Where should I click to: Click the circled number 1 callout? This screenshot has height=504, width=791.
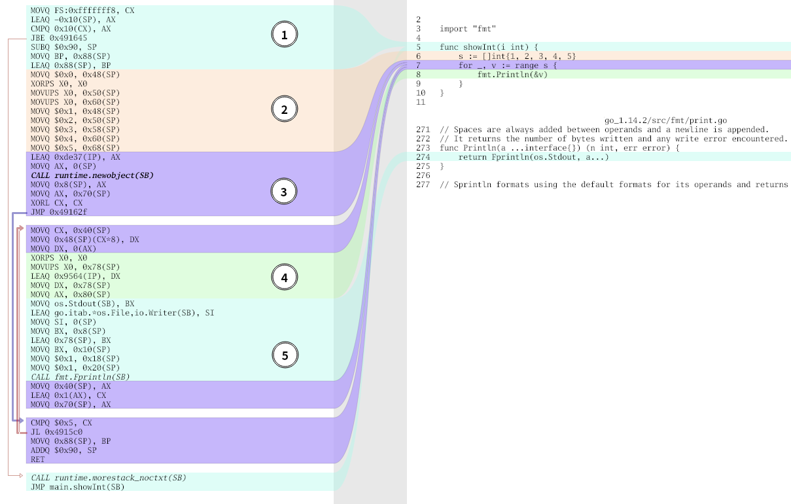pos(284,34)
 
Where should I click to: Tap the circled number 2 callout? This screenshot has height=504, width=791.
pos(284,109)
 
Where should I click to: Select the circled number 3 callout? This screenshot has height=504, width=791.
pos(283,191)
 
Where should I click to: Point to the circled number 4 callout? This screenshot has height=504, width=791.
pos(284,278)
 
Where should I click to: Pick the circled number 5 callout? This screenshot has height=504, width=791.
pos(285,355)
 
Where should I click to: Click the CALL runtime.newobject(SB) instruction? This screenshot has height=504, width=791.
pos(92,175)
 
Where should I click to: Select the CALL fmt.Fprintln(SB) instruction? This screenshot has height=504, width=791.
pos(80,377)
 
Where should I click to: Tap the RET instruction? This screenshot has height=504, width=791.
pos(38,459)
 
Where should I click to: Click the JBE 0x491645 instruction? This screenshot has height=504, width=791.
pos(59,38)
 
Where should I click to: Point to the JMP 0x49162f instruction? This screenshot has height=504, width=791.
pos(59,212)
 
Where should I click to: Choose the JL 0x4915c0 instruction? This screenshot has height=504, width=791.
pos(56,432)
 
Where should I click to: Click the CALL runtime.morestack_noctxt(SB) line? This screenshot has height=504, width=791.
pos(109,478)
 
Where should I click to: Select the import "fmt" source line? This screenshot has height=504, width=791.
pos(468,29)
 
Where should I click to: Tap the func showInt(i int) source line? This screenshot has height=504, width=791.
pos(489,47)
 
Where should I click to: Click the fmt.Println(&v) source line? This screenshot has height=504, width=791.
pos(512,75)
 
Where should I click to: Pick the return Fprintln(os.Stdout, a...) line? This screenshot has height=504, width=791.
pos(534,157)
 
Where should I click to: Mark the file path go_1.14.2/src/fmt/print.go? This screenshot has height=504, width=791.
pos(665,120)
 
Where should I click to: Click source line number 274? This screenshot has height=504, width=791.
pos(423,157)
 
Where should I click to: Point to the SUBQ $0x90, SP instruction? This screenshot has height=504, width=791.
pos(63,47)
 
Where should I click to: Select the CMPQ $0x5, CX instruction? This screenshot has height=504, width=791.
pos(61,423)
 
